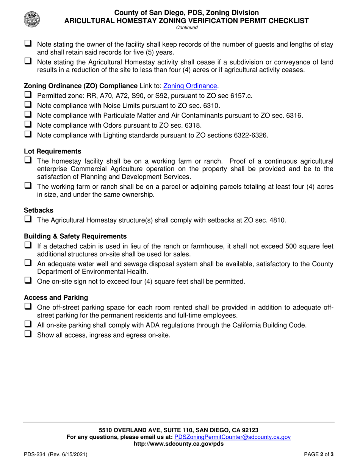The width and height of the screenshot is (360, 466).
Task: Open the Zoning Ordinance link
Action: coord(191,86)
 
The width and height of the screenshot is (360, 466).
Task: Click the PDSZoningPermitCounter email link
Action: coord(232,437)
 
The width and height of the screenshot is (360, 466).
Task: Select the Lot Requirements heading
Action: coord(52,152)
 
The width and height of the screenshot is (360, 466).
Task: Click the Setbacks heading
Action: coord(39,210)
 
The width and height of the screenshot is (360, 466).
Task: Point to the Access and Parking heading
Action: coord(56,297)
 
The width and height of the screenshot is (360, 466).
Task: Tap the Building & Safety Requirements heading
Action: coord(75,236)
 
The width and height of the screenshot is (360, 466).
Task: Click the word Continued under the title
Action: coord(187,28)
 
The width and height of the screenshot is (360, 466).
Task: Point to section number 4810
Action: coord(277,220)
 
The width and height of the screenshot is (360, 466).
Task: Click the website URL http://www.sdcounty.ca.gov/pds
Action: coord(178,444)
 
